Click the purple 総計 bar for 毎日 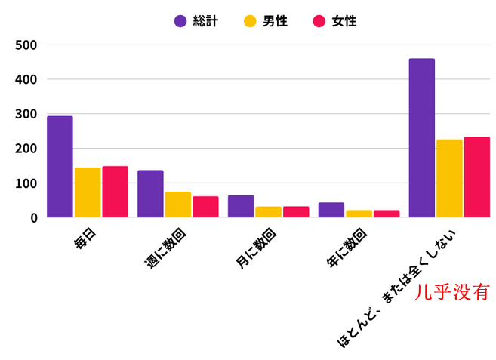click(60, 167)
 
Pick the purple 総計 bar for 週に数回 click(150, 194)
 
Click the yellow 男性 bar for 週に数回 click(178, 205)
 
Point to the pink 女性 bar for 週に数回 click(205, 207)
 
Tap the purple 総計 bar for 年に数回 click(331, 210)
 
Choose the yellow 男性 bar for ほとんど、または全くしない click(449, 178)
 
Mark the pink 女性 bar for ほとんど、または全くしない click(476, 177)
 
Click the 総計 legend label click(205, 21)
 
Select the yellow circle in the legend click(250, 21)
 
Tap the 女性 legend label click(344, 21)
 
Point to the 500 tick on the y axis click(26, 45)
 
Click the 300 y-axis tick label click(26, 114)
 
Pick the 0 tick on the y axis click(33, 218)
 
